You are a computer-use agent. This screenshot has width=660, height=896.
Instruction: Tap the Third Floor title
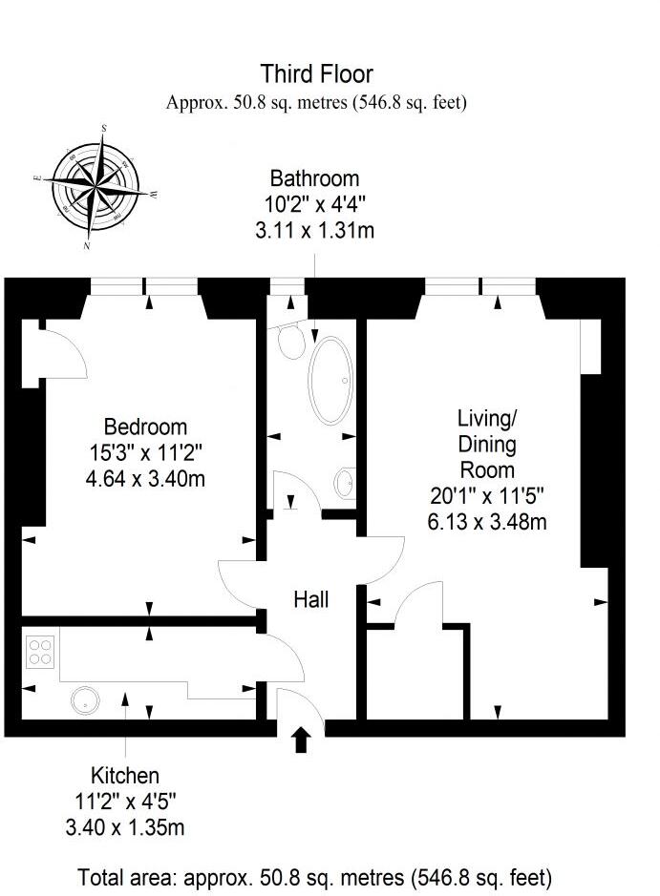coord(316,73)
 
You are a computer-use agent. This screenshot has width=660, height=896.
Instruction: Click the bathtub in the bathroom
coord(330,381)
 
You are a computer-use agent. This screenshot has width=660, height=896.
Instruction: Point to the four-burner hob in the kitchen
coord(40,652)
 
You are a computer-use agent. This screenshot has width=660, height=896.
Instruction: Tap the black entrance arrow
coord(302,740)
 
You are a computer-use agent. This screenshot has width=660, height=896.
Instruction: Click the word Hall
coord(311,599)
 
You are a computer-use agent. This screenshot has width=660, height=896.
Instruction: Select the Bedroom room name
coord(145,427)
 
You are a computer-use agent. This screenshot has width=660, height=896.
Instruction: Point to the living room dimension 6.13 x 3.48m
coord(487,521)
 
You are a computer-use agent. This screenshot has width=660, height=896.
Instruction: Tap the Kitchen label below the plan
coord(124,775)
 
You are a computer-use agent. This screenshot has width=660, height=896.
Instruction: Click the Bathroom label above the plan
coord(314,178)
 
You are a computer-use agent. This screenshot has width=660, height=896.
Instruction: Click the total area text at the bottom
coord(314,876)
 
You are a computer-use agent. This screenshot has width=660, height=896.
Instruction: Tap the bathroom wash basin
coord(347,483)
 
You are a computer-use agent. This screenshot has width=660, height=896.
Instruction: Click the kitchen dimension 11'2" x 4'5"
coord(124,801)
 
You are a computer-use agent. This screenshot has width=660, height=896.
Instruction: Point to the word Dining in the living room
coord(487,444)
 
